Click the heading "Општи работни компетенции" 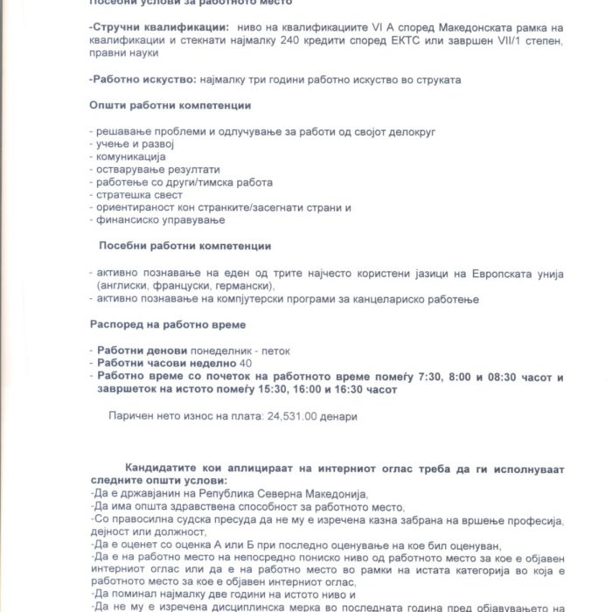(x=170, y=106)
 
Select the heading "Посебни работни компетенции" (x=184, y=247)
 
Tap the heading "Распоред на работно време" (x=158, y=323)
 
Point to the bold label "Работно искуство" (x=139, y=80)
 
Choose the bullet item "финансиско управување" (x=154, y=221)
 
